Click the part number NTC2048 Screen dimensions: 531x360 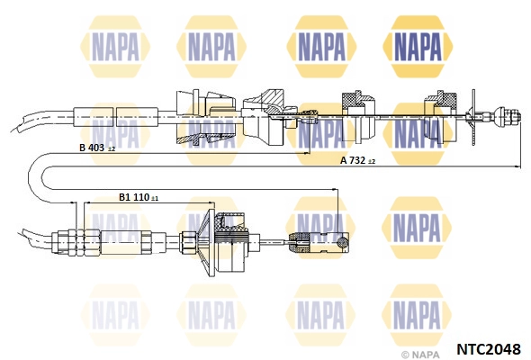pyautogui.click(x=488, y=348)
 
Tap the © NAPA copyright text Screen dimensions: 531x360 pyautogui.click(x=420, y=355)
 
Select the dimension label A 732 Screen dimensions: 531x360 pyautogui.click(x=353, y=160)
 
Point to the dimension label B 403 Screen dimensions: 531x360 pyautogui.click(x=92, y=148)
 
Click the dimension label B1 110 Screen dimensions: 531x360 pyautogui.click(x=134, y=197)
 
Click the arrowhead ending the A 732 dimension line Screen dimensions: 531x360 pyautogui.click(x=517, y=166)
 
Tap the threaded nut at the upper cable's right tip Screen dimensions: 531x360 pyautogui.click(x=508, y=116)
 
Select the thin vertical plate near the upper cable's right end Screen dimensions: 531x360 pyautogui.click(x=473, y=118)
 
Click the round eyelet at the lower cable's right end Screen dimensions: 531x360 pyautogui.click(x=343, y=241)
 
